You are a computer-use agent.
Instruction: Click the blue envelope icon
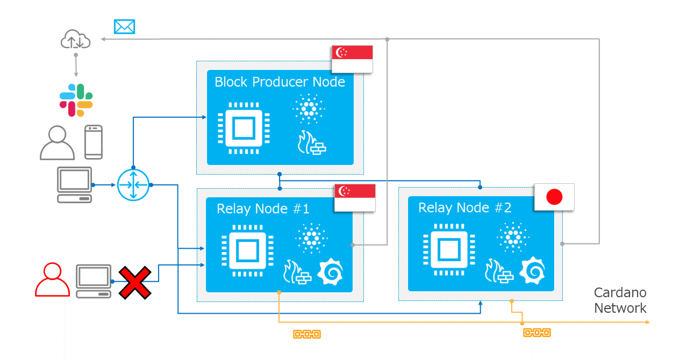tap(124, 26)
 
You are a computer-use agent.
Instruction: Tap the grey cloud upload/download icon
tap(75, 41)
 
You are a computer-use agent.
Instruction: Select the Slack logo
tap(76, 100)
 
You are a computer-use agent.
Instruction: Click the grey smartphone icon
tap(94, 142)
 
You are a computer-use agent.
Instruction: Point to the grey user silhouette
tap(57, 143)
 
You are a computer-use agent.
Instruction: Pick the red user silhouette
tap(52, 280)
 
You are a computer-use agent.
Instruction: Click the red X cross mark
tap(134, 282)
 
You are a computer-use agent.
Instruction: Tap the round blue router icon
tap(132, 185)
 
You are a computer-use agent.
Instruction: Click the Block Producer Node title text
tap(279, 82)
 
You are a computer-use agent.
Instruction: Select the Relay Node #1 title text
tap(261, 208)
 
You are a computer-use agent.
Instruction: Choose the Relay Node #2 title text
tap(464, 208)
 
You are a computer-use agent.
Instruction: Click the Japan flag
tap(554, 197)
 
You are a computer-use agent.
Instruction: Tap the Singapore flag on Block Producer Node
tap(352, 59)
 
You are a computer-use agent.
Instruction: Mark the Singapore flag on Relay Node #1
tap(355, 197)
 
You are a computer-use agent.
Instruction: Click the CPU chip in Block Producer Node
tap(243, 128)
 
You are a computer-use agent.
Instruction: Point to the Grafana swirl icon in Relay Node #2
tap(533, 270)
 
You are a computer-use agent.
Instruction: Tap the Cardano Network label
tap(620, 300)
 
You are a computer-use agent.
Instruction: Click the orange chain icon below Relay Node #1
tap(306, 334)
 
